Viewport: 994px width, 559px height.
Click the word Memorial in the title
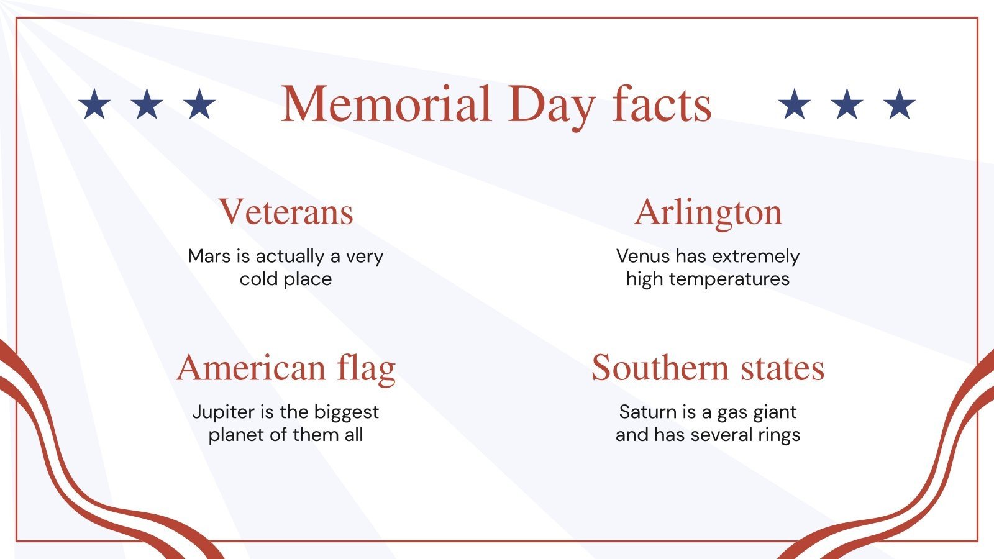tap(386, 104)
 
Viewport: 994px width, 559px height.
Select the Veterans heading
tap(286, 212)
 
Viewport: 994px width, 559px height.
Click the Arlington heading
tap(708, 212)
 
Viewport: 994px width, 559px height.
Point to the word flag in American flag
tap(367, 368)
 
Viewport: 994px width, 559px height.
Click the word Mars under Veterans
tap(209, 256)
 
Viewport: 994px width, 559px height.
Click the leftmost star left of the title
tap(94, 104)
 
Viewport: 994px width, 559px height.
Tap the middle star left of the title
tap(147, 104)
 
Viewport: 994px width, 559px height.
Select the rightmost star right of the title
tap(900, 104)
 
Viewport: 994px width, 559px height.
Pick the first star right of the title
tap(795, 104)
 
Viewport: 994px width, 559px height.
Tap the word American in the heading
tap(251, 368)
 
